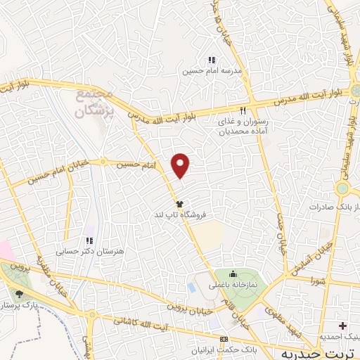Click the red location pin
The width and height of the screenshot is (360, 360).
(x=181, y=165)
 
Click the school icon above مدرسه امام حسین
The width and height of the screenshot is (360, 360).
(x=212, y=60)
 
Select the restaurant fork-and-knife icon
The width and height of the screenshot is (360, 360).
(x=243, y=110)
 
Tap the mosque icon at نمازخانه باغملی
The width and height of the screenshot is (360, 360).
(x=234, y=274)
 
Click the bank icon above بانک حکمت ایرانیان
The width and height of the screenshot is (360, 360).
(x=224, y=338)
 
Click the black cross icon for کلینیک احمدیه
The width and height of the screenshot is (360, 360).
(x=343, y=326)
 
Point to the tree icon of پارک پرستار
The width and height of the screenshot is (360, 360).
(x=19, y=295)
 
